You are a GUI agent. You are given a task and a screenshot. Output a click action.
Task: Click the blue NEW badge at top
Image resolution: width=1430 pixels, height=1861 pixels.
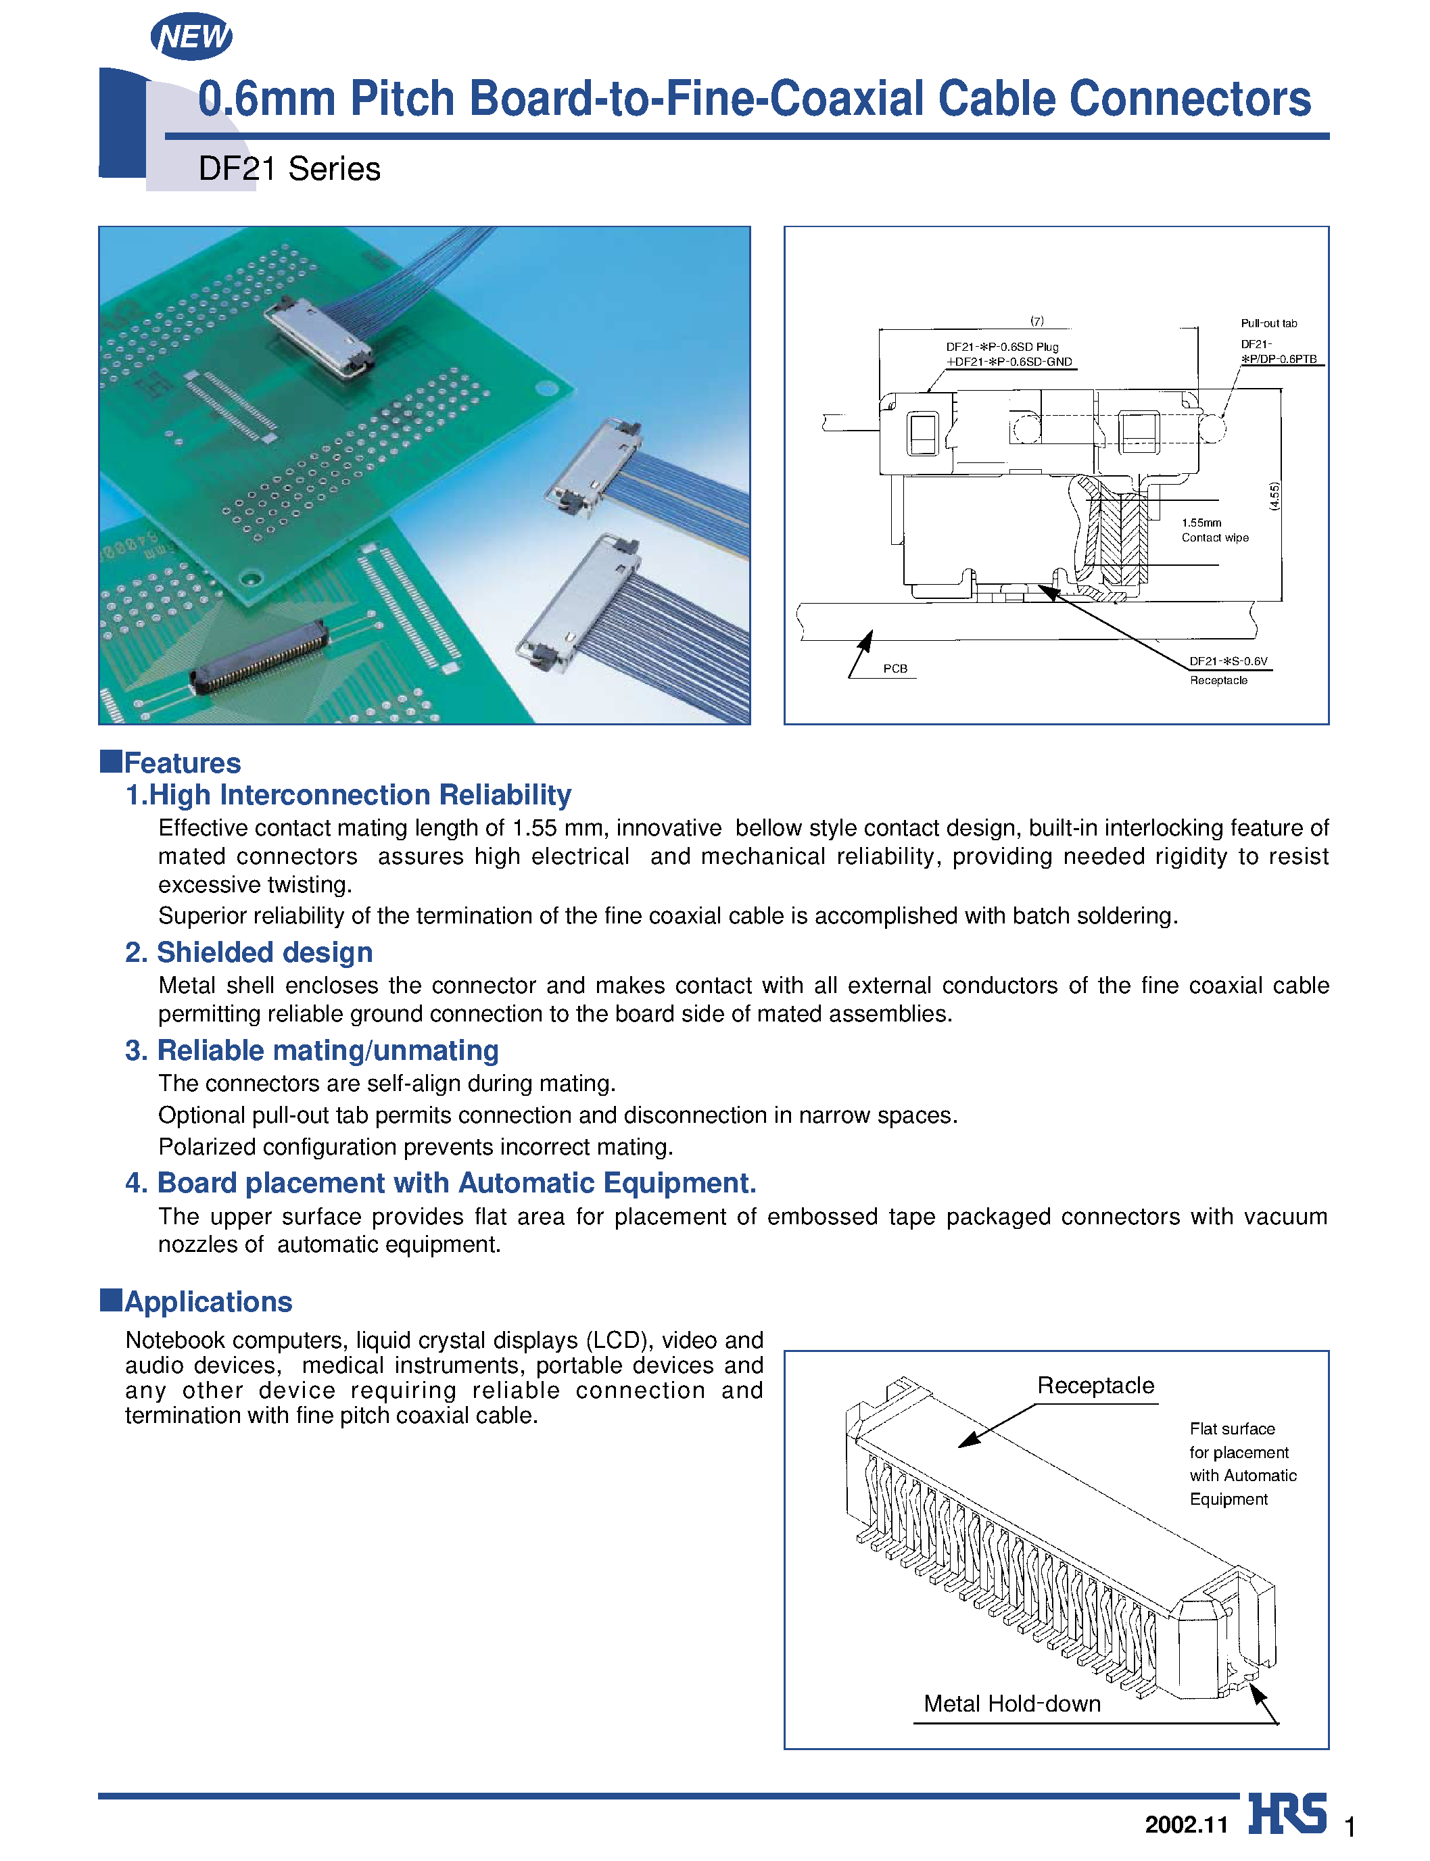click(191, 37)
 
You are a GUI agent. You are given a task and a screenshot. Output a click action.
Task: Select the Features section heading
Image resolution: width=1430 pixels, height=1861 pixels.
click(181, 763)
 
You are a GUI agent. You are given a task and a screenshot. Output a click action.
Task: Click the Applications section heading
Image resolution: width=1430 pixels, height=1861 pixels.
click(208, 1301)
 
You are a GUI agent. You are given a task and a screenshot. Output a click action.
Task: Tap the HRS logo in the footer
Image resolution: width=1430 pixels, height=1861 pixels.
click(1287, 1814)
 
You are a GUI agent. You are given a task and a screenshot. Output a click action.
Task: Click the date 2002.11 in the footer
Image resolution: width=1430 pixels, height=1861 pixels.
click(1186, 1824)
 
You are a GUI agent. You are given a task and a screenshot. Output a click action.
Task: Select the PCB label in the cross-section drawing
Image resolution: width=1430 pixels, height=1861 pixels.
click(895, 669)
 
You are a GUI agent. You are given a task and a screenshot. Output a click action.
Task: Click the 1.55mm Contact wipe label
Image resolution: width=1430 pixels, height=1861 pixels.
click(1214, 530)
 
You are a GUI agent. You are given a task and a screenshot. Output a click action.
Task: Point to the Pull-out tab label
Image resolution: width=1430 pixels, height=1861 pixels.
click(1268, 323)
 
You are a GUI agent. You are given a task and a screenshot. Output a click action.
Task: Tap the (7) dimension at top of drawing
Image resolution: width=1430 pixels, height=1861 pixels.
click(1036, 321)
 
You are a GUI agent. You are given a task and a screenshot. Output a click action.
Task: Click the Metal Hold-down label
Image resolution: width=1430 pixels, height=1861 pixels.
click(1011, 1703)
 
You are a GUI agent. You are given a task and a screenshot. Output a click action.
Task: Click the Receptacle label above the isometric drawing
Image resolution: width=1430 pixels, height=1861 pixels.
click(1095, 1385)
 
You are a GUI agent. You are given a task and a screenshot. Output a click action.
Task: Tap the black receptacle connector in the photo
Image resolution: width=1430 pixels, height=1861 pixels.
click(258, 661)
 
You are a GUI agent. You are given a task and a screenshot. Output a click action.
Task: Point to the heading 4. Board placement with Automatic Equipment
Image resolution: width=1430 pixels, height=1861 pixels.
click(440, 1183)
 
